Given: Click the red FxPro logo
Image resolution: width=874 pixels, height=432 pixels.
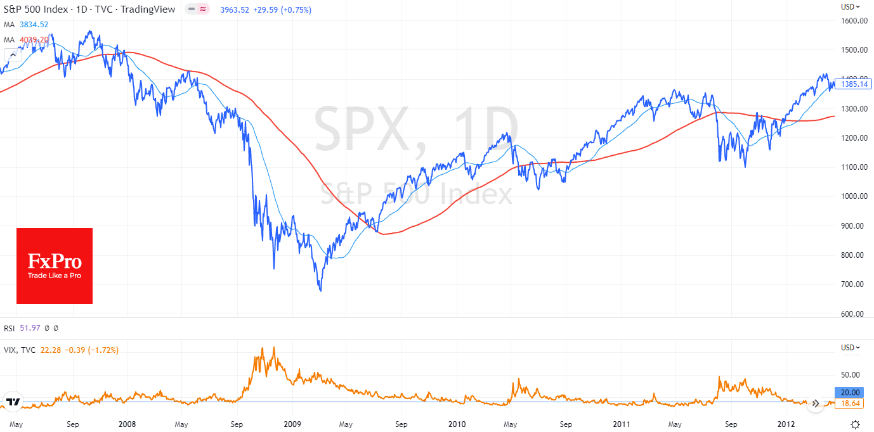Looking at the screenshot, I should [x=55, y=266].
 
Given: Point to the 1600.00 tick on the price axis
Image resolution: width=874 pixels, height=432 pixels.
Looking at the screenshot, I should [x=854, y=21].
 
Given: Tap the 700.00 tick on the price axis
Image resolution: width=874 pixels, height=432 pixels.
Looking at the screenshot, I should [x=854, y=284].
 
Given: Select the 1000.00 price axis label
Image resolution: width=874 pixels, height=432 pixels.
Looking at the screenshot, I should [x=854, y=196].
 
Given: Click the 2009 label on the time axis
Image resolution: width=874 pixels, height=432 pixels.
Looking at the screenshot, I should [x=292, y=424].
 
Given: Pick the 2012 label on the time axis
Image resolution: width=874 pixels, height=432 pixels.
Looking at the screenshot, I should [x=786, y=424].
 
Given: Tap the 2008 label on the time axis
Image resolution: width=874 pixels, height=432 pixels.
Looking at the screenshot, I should [x=127, y=424].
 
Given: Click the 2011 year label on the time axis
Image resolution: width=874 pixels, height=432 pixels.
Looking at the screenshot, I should [x=622, y=424].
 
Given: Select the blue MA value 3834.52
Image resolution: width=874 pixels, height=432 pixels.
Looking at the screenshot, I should [x=34, y=25].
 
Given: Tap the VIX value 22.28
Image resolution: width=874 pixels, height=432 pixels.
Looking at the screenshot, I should [x=51, y=350].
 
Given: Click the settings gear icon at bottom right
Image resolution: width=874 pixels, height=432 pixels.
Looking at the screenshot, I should [x=855, y=424].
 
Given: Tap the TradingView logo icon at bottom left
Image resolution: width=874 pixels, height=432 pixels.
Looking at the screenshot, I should [x=12, y=402].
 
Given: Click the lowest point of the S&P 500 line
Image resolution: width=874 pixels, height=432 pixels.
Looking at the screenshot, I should [x=321, y=291].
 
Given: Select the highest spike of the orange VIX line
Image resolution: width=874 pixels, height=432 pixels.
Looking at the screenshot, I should [x=273, y=348].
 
